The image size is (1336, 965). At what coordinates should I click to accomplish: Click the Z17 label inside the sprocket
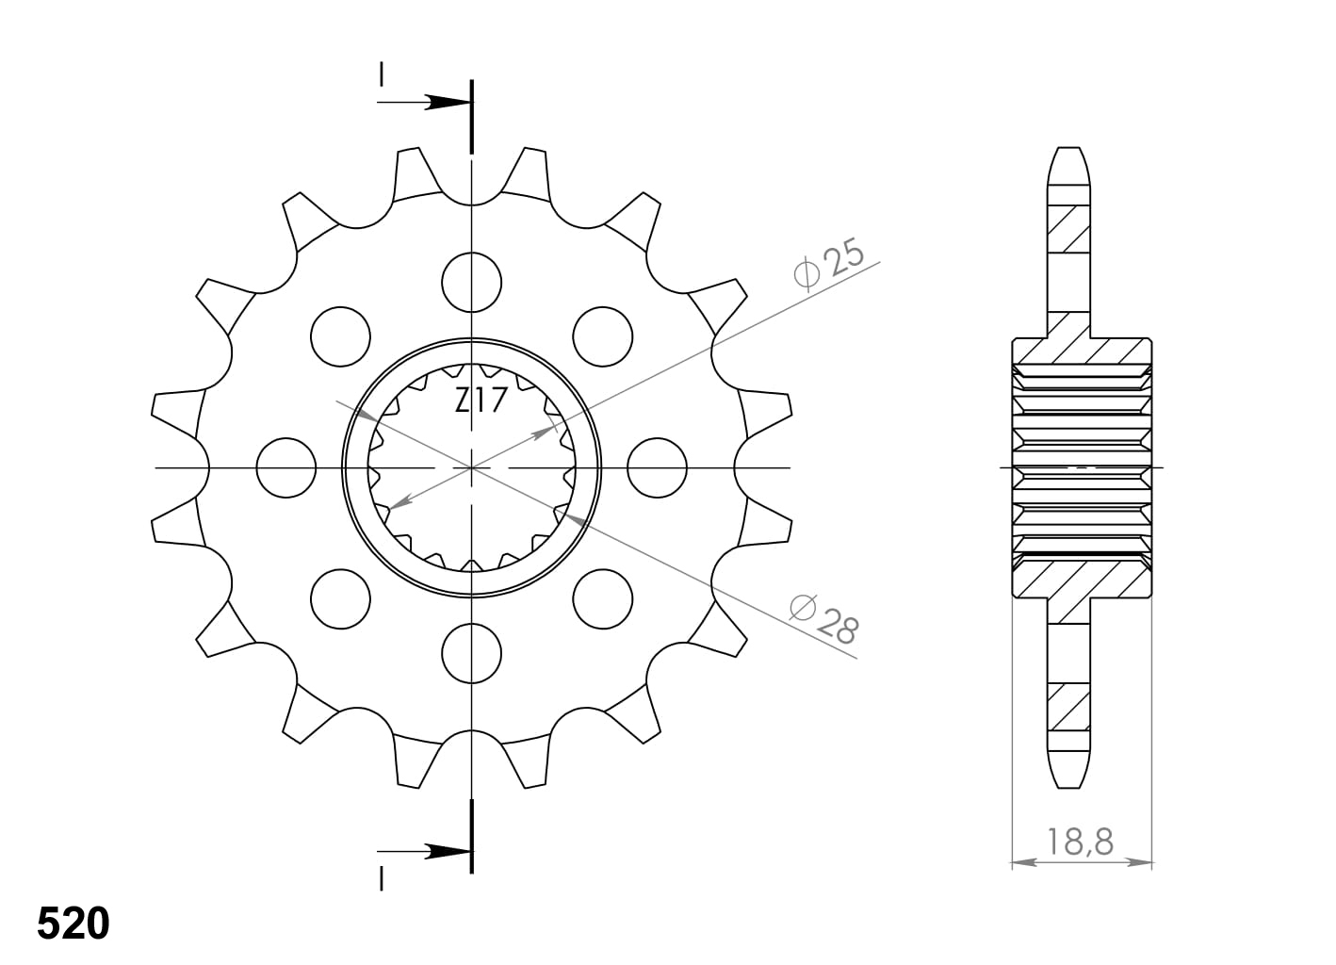coord(481,401)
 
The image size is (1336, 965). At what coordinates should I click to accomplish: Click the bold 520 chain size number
coord(73,924)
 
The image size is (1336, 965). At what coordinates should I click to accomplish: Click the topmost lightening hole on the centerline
coord(471,282)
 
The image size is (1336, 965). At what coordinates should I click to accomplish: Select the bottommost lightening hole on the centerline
coord(471,652)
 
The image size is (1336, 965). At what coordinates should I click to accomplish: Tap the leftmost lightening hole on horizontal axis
coord(285,467)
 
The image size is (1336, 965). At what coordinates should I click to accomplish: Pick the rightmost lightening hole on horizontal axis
coord(657,467)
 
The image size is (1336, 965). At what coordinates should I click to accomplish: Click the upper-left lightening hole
coord(339,336)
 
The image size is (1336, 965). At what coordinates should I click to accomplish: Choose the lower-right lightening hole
coord(602,598)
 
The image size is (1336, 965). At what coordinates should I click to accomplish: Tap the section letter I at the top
coord(381,74)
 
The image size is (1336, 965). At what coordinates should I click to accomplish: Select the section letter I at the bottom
coord(381,879)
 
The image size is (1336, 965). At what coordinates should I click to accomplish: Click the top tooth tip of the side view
coord(1068,151)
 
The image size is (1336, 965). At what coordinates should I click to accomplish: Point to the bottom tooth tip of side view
coord(1068,784)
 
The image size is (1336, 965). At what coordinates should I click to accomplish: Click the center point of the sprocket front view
coord(471,467)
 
